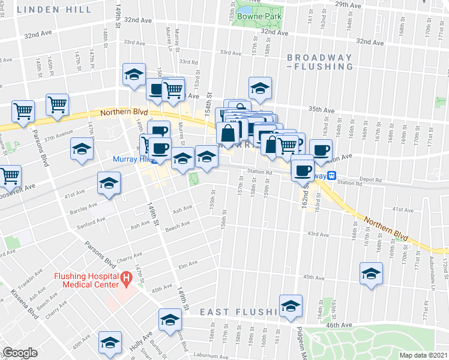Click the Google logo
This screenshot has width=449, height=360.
(x=20, y=353)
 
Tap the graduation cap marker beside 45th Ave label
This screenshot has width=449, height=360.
(x=370, y=274)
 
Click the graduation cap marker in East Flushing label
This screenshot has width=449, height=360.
(x=291, y=307)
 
